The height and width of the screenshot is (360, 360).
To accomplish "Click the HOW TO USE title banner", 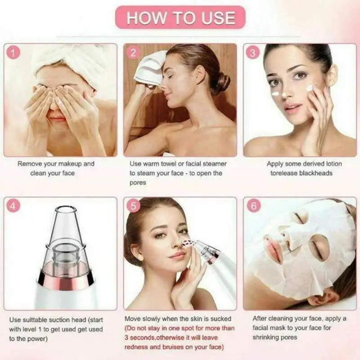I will point(180,18).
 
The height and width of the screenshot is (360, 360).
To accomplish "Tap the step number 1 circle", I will point(15,53).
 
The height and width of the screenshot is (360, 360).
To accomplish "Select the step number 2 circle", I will point(133,53).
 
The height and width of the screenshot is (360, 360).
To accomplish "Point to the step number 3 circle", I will point(253,53).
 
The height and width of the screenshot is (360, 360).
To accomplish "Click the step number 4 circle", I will point(15,206).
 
